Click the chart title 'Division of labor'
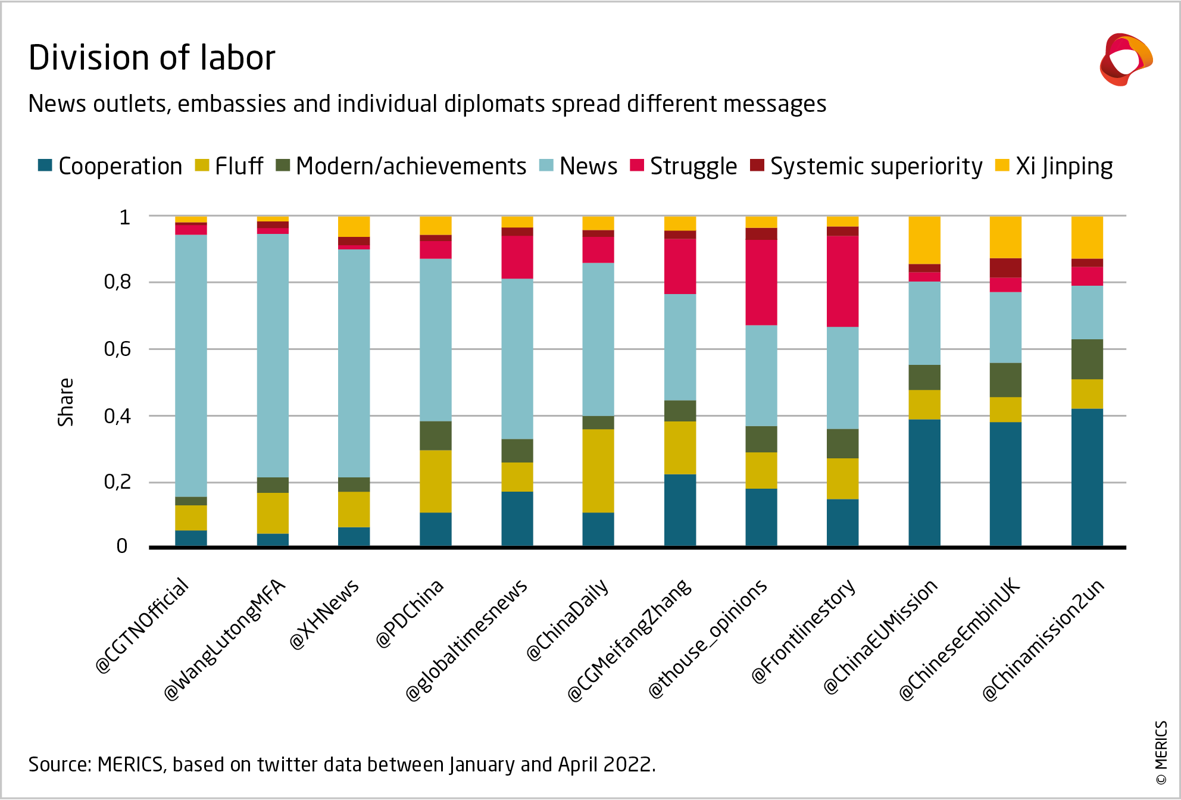[152, 58]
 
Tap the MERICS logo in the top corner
[1126, 60]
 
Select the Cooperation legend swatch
[45, 165]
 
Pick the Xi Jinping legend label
[1064, 166]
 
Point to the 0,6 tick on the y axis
[117, 349]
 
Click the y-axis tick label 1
[124, 217]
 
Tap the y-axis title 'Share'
[65, 402]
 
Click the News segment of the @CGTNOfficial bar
[191, 365]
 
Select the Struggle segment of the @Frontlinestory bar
[842, 281]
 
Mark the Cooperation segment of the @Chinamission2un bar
[1087, 477]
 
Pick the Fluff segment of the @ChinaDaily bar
[598, 470]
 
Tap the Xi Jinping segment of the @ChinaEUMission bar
[924, 240]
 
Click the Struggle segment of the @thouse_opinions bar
[761, 282]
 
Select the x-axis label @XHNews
[325, 614]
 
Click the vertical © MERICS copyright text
[1161, 752]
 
